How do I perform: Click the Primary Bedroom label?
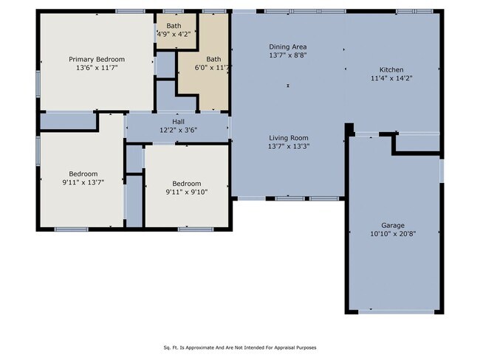pos(97,59)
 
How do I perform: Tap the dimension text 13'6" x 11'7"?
pos(97,68)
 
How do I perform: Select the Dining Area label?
pos(287,46)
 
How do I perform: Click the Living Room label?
pos(287,138)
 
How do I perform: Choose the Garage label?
pos(393,225)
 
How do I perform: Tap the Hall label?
pos(178,122)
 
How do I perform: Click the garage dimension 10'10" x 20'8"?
pos(393,234)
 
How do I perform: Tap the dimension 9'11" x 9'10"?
pos(186,193)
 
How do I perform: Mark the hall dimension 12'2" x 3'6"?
pos(178,130)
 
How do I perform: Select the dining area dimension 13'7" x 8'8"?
pos(287,55)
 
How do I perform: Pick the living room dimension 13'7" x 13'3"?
pos(287,146)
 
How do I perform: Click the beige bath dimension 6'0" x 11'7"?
pos(214,68)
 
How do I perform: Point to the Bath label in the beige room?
pos(213,59)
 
